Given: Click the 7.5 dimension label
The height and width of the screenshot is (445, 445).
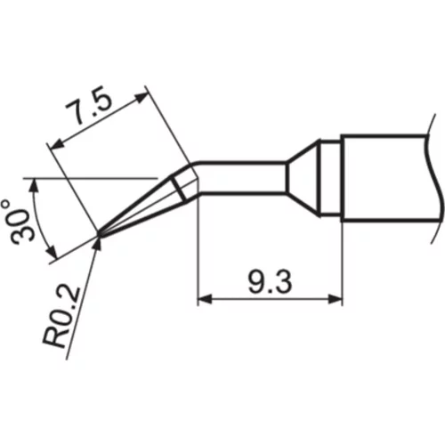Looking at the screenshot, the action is (89, 106).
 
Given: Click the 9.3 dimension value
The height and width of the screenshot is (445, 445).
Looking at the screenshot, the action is (270, 282).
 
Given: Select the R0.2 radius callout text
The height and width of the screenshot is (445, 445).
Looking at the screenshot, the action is (61, 318).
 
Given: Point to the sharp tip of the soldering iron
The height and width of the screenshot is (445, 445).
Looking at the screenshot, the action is (99, 235).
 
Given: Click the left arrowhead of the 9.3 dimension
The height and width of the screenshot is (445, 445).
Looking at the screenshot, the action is (205, 299).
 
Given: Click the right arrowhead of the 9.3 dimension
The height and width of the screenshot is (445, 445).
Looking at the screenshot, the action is (336, 299).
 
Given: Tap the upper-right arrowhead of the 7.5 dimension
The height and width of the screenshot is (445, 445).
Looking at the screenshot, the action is (141, 97).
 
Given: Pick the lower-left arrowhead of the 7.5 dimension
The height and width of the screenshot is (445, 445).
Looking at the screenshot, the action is (59, 144).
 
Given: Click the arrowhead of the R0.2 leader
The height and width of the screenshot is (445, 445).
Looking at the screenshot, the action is (98, 243).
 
